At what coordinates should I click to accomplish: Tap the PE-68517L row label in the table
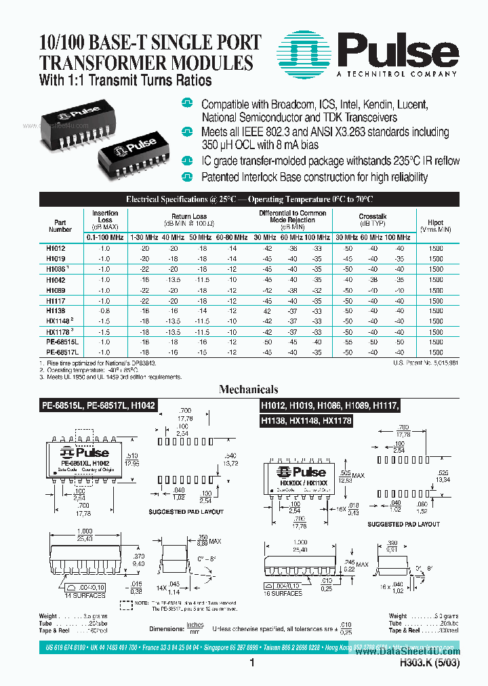coord(62,352)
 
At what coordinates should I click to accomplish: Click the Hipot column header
coord(435,225)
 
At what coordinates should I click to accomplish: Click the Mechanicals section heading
coord(248,390)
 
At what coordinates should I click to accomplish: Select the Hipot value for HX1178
coord(435,332)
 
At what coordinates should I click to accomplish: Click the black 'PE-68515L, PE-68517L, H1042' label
coord(96,405)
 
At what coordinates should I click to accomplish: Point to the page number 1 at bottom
coord(251,664)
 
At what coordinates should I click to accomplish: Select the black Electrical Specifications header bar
coord(249,199)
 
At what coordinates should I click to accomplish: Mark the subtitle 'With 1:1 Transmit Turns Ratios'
coord(126,81)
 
